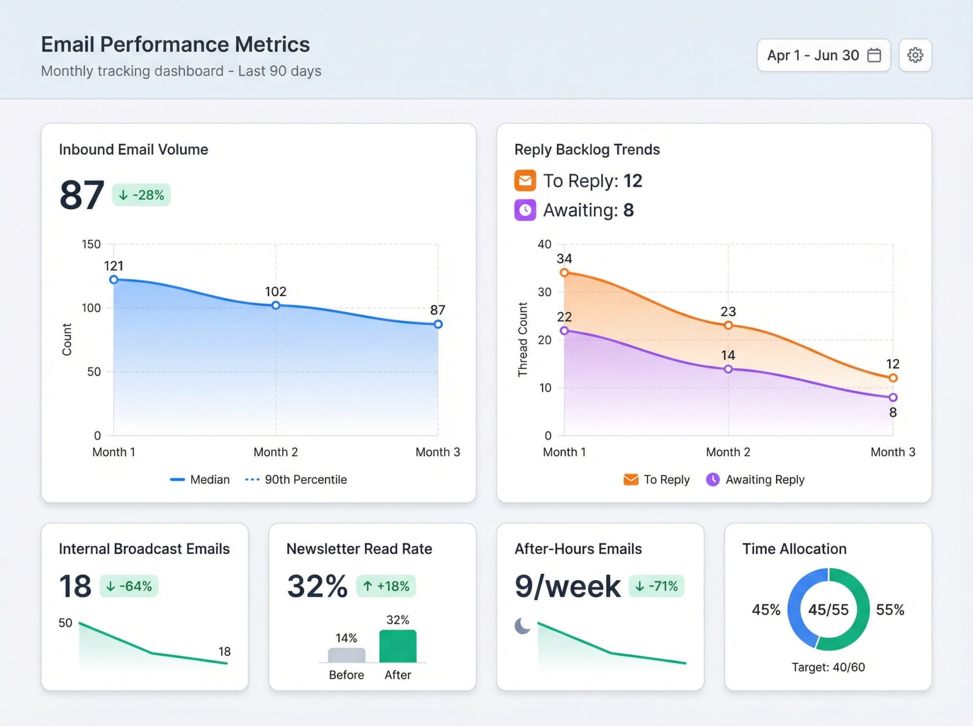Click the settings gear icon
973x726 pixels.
click(915, 55)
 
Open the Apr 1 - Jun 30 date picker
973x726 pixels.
click(823, 55)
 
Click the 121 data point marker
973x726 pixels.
click(114, 280)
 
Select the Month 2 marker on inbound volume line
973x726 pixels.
click(276, 305)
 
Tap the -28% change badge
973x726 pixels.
click(141, 195)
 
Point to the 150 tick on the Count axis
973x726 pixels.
click(91, 244)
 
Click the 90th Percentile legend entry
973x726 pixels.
click(296, 479)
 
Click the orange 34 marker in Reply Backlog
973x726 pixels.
click(564, 273)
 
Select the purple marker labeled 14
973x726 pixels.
click(728, 369)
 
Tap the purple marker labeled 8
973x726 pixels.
click(893, 398)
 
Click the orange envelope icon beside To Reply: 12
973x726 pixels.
click(525, 181)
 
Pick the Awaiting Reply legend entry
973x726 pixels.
click(755, 479)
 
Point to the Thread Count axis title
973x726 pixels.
click(522, 339)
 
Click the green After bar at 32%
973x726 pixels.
click(398, 646)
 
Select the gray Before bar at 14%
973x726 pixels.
click(347, 655)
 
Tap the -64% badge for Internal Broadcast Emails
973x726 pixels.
click(129, 586)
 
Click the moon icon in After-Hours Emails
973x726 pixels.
click(522, 626)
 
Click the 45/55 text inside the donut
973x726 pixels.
click(828, 609)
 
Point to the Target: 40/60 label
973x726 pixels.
click(828, 667)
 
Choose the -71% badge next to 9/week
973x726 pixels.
click(657, 586)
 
